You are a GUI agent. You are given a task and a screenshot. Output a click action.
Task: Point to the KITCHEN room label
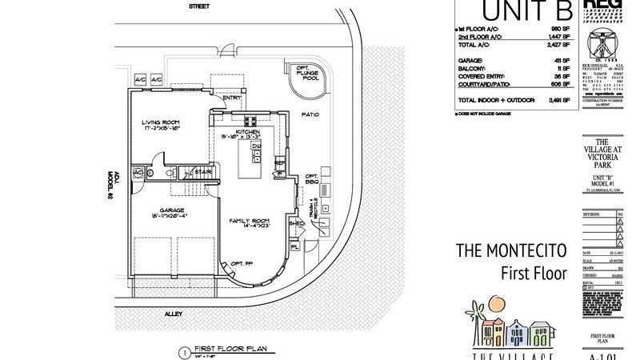(247, 133)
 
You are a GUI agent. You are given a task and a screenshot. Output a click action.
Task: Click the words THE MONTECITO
(511, 250)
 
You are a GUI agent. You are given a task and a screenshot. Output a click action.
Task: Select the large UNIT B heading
(512, 11)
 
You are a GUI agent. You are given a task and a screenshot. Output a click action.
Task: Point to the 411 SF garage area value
(560, 60)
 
